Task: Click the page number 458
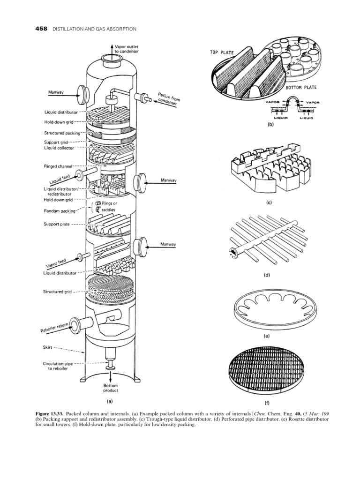point(42,29)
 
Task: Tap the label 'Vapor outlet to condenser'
point(123,49)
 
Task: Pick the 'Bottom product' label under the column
point(111,388)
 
